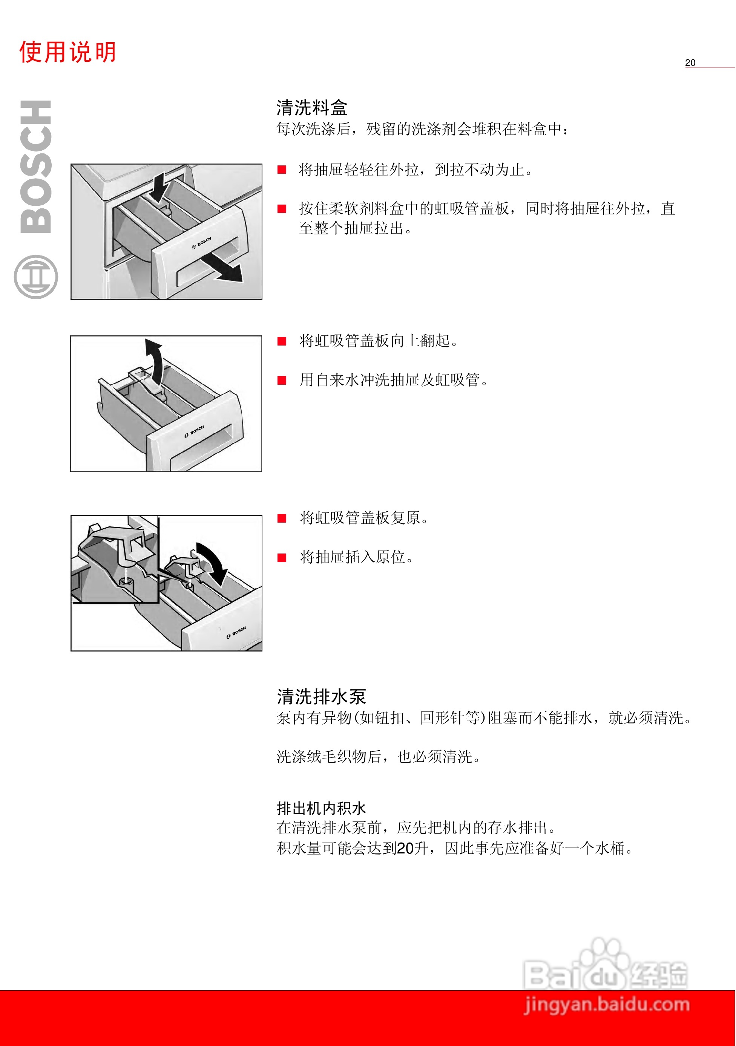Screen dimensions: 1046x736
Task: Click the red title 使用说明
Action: (x=67, y=52)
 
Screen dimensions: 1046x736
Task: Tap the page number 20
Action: (x=690, y=63)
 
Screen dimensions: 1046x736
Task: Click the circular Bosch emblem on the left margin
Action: (x=36, y=277)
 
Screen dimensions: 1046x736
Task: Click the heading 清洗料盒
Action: (x=311, y=108)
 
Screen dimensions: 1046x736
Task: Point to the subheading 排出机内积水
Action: (x=321, y=809)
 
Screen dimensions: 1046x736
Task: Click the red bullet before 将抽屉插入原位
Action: (x=282, y=558)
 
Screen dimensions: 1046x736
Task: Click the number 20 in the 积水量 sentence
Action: (x=405, y=848)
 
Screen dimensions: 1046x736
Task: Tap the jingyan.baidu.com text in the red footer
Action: (x=607, y=1004)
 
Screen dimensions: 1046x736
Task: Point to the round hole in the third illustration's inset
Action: (x=126, y=581)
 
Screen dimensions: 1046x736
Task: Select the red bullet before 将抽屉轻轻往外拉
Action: (x=282, y=170)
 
